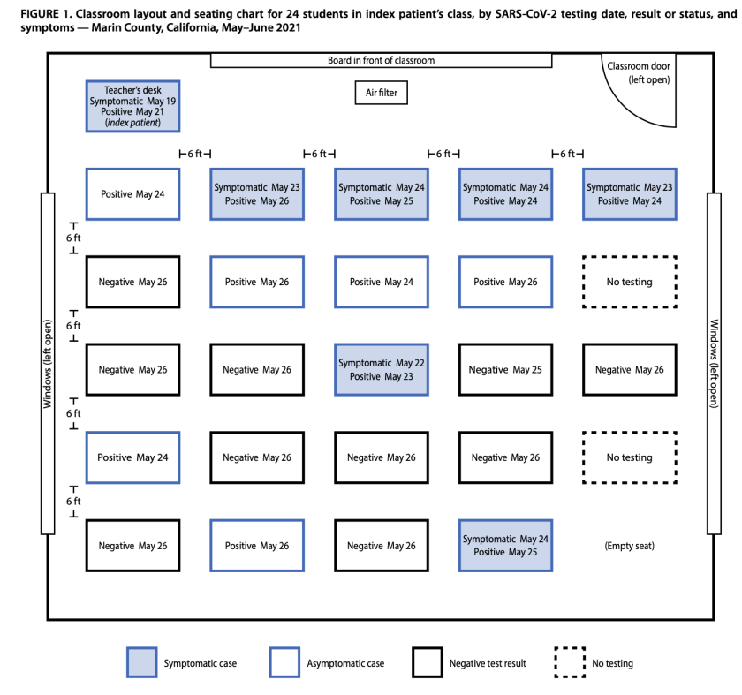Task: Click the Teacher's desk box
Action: coord(132,106)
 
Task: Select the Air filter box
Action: coord(382,93)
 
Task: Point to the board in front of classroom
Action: coord(381,61)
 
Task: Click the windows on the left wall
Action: coord(48,363)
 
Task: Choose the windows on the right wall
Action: coord(715,363)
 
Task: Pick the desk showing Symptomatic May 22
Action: coord(382,370)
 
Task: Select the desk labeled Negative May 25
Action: coord(505,370)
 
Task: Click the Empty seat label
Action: coord(629,546)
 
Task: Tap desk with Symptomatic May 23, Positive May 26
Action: coord(257,194)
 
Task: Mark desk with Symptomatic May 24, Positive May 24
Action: coord(505,194)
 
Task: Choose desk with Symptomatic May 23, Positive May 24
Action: coord(629,194)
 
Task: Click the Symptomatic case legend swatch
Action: coord(142,662)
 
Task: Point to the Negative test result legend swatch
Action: coord(428,662)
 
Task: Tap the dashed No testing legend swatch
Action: coord(570,662)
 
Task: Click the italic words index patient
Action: coord(132,124)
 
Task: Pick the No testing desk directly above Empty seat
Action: coord(629,457)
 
